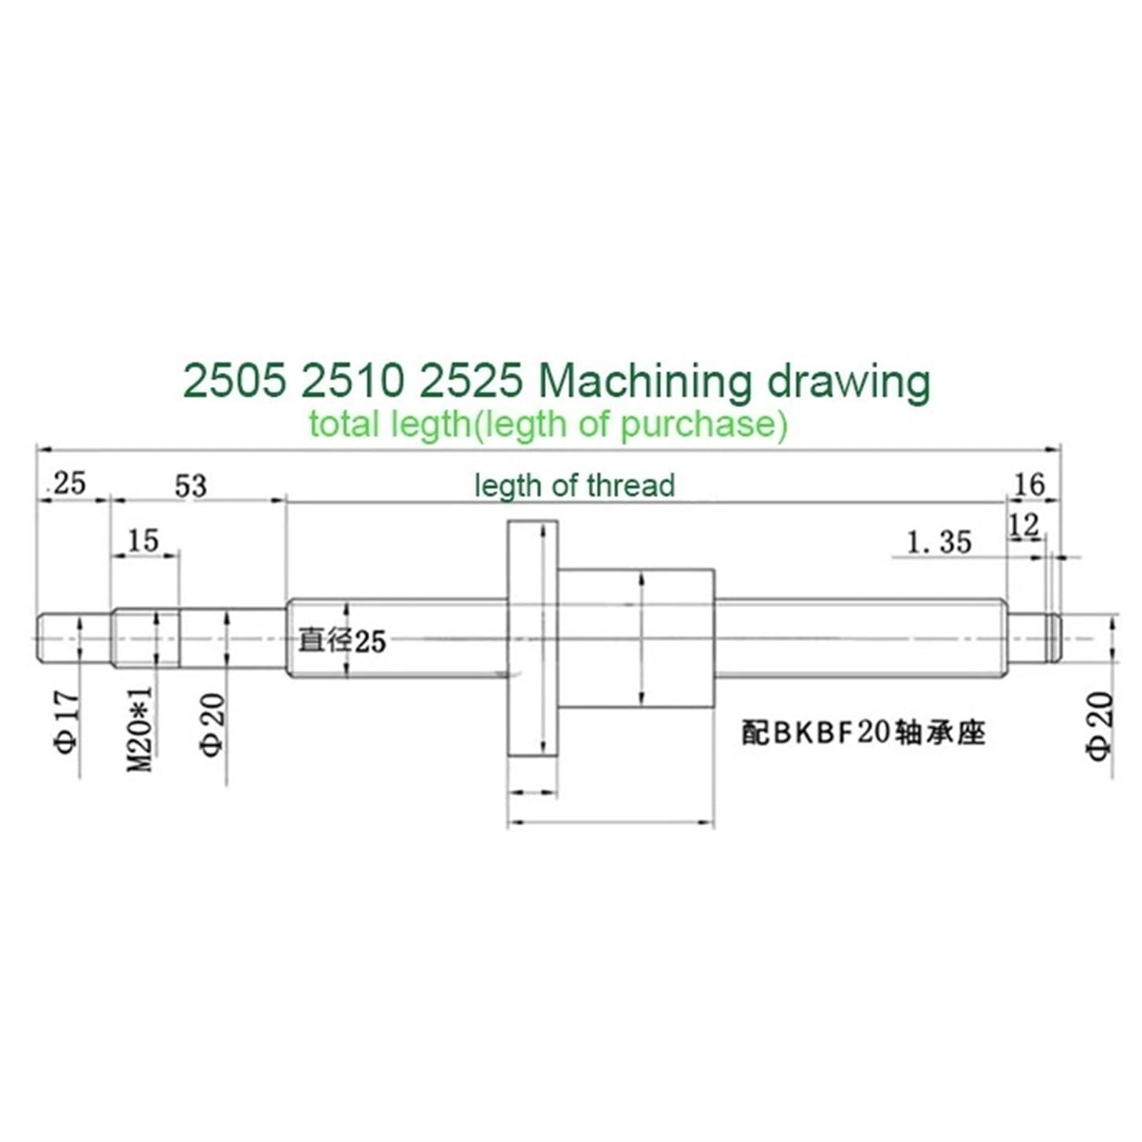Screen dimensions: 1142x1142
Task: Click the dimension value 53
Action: point(191,486)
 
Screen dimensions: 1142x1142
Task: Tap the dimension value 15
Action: point(143,540)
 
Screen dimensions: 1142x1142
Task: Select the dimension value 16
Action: point(1029,485)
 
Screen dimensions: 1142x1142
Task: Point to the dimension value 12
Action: point(1024,525)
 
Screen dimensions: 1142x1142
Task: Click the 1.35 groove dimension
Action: point(939,542)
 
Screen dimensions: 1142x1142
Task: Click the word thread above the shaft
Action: point(631,486)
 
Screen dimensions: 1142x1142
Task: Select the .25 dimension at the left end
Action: point(66,483)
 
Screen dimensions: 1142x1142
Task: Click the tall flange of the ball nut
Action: point(532,639)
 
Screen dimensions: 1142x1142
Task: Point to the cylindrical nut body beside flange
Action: point(635,637)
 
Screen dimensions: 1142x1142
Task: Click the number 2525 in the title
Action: point(472,381)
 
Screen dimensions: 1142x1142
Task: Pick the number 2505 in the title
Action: point(235,381)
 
